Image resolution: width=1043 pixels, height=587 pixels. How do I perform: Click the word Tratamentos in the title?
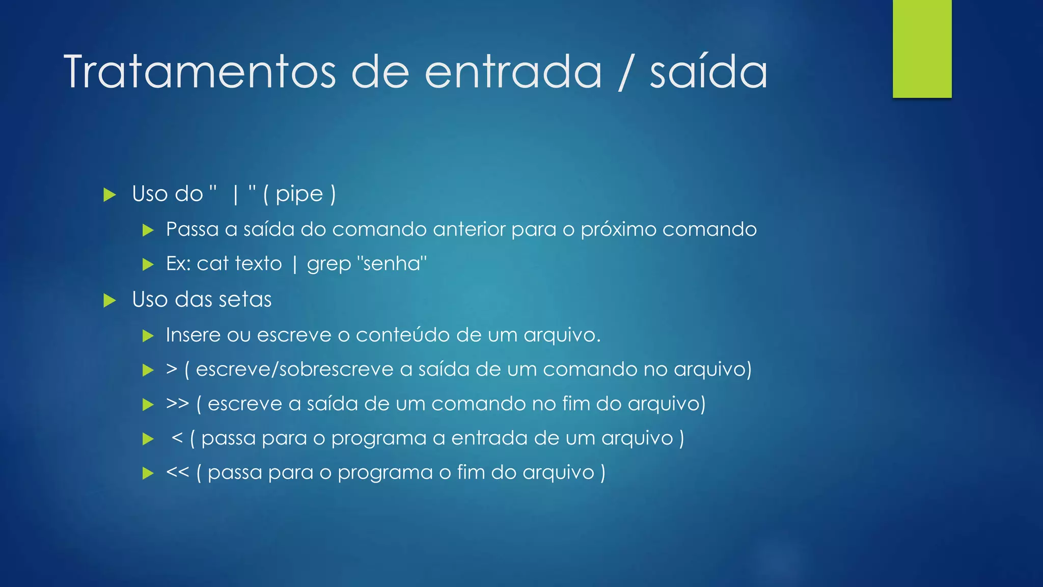click(200, 72)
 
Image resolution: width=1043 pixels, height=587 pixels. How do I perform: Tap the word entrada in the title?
click(513, 72)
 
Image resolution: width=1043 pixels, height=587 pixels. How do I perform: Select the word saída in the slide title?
click(708, 72)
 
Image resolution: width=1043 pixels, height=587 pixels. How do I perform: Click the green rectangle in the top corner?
click(922, 48)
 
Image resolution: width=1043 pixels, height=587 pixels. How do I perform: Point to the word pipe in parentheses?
click(299, 195)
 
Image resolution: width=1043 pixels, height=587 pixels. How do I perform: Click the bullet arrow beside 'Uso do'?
click(109, 195)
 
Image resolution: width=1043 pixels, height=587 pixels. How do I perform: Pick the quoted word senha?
click(392, 263)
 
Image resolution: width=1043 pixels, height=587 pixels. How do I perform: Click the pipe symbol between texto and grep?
click(295, 264)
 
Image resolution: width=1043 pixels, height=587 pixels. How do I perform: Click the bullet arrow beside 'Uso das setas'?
click(109, 300)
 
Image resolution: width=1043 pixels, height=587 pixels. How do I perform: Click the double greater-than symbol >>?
click(177, 404)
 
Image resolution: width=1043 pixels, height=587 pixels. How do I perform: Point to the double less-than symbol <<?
click(177, 472)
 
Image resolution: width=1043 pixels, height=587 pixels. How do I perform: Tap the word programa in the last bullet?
click(385, 473)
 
